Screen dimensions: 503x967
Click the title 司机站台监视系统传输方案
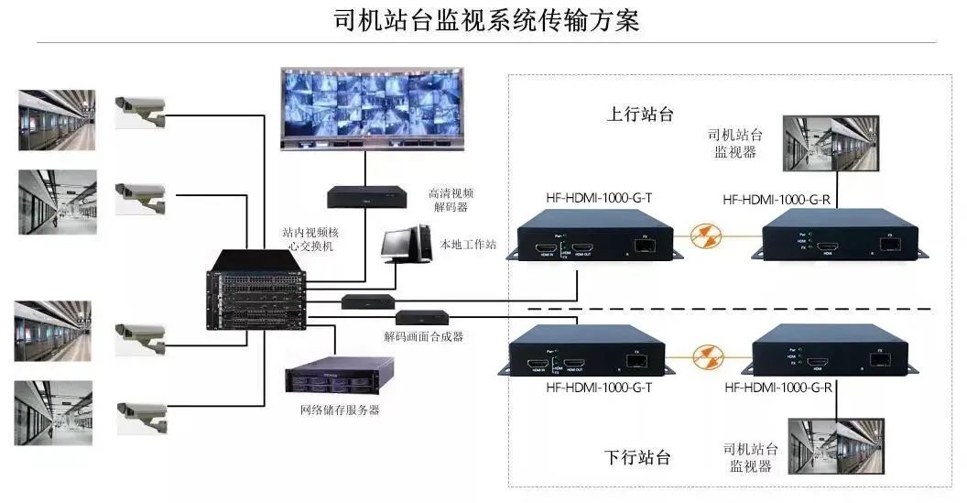[x=485, y=20]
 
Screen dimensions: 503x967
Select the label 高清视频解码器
[x=451, y=200]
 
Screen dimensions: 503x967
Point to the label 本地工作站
[x=468, y=245]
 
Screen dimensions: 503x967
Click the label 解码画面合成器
[x=424, y=336]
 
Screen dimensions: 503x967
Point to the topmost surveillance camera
[x=140, y=108]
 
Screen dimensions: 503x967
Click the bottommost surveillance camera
[x=142, y=417]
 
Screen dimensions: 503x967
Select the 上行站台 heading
[x=640, y=115]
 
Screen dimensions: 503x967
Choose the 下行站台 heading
[x=638, y=457]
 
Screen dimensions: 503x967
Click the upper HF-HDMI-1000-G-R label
[x=776, y=199]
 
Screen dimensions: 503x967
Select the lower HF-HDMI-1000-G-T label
[x=598, y=388]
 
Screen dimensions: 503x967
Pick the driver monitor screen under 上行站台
[x=831, y=144]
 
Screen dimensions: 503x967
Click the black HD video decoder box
[x=367, y=195]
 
